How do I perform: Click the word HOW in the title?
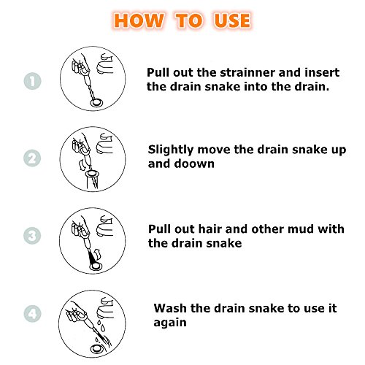coord(139,20)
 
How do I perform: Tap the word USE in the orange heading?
coord(232,20)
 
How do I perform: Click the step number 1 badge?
coord(32,81)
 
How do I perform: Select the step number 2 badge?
coord(32,158)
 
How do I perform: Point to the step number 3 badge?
coord(32,236)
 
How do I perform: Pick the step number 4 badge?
coord(32,313)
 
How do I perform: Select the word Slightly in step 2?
coord(171,150)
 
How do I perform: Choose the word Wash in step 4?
coord(170,308)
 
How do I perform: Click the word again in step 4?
coord(170,323)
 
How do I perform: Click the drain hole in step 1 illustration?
coord(96,103)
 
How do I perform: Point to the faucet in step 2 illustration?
coord(104,144)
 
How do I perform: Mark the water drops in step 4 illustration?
coord(101,326)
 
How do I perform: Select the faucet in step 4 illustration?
coord(105,308)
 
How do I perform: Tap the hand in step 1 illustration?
coord(80,65)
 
